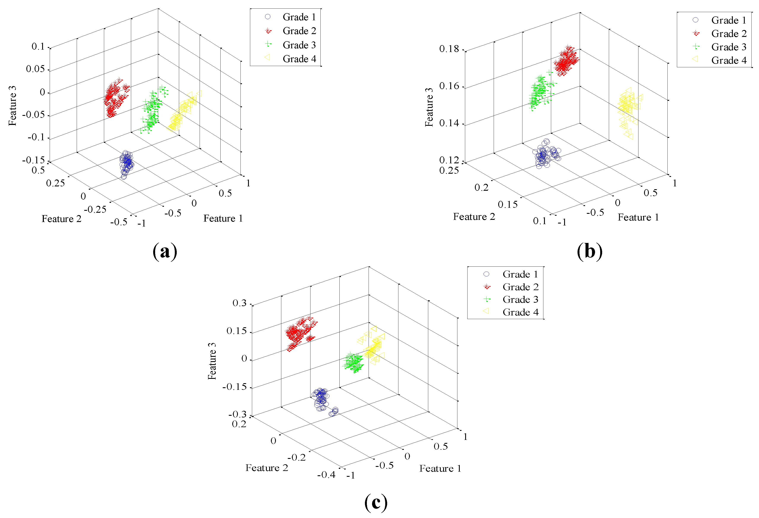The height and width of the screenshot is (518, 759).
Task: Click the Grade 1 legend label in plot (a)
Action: point(299,17)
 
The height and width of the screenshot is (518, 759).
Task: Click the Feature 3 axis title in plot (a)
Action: point(12,106)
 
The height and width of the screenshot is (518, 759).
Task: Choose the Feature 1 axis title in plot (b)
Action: point(638,217)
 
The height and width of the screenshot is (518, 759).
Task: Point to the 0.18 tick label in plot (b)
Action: point(449,49)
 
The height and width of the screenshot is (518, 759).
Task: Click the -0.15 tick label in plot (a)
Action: point(33,160)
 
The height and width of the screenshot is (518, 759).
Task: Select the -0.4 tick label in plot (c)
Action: point(326,475)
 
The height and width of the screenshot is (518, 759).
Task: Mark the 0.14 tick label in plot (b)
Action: point(449,123)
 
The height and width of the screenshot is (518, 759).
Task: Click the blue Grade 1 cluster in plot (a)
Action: point(126,163)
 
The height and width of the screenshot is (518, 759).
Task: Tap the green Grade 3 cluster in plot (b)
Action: point(539,91)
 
